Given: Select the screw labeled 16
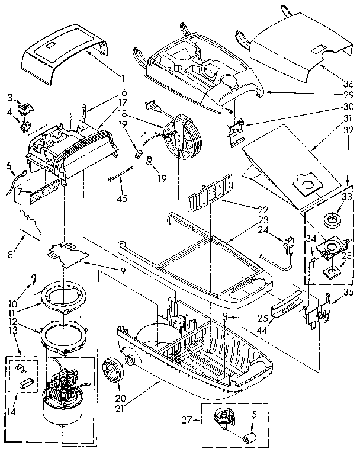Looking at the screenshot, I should coord(86,110).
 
